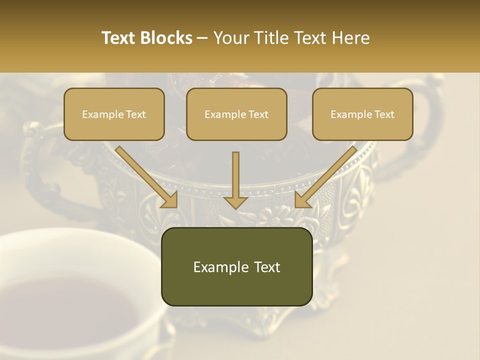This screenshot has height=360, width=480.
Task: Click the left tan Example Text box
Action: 114,114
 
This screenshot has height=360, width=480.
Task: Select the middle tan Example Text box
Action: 236,114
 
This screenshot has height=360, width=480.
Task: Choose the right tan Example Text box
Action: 362,114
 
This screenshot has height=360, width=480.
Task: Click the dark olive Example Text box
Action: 236,266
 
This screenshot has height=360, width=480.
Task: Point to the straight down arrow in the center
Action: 235,180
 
